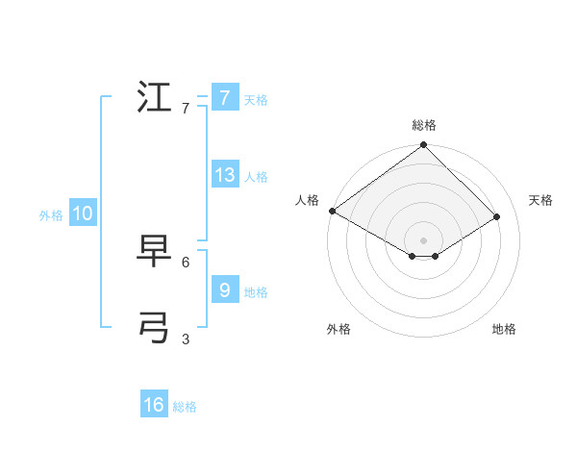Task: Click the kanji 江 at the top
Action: click(x=155, y=98)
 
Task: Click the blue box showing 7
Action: click(x=224, y=98)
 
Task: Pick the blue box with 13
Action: click(x=225, y=175)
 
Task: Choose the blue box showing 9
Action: click(x=224, y=290)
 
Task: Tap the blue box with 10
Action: click(x=83, y=214)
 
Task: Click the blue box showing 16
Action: click(x=154, y=405)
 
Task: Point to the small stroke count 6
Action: click(x=186, y=262)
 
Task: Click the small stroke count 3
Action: click(x=186, y=339)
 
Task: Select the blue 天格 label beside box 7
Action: click(x=256, y=100)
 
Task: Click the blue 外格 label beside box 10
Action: click(x=51, y=215)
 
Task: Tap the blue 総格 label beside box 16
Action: click(x=185, y=407)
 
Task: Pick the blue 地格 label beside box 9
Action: click(x=256, y=292)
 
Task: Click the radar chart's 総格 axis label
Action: click(x=424, y=125)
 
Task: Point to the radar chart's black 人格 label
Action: click(x=307, y=200)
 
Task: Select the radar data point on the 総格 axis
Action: click(x=424, y=145)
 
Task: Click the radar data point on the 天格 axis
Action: click(x=497, y=216)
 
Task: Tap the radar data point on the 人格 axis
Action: click(x=332, y=211)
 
